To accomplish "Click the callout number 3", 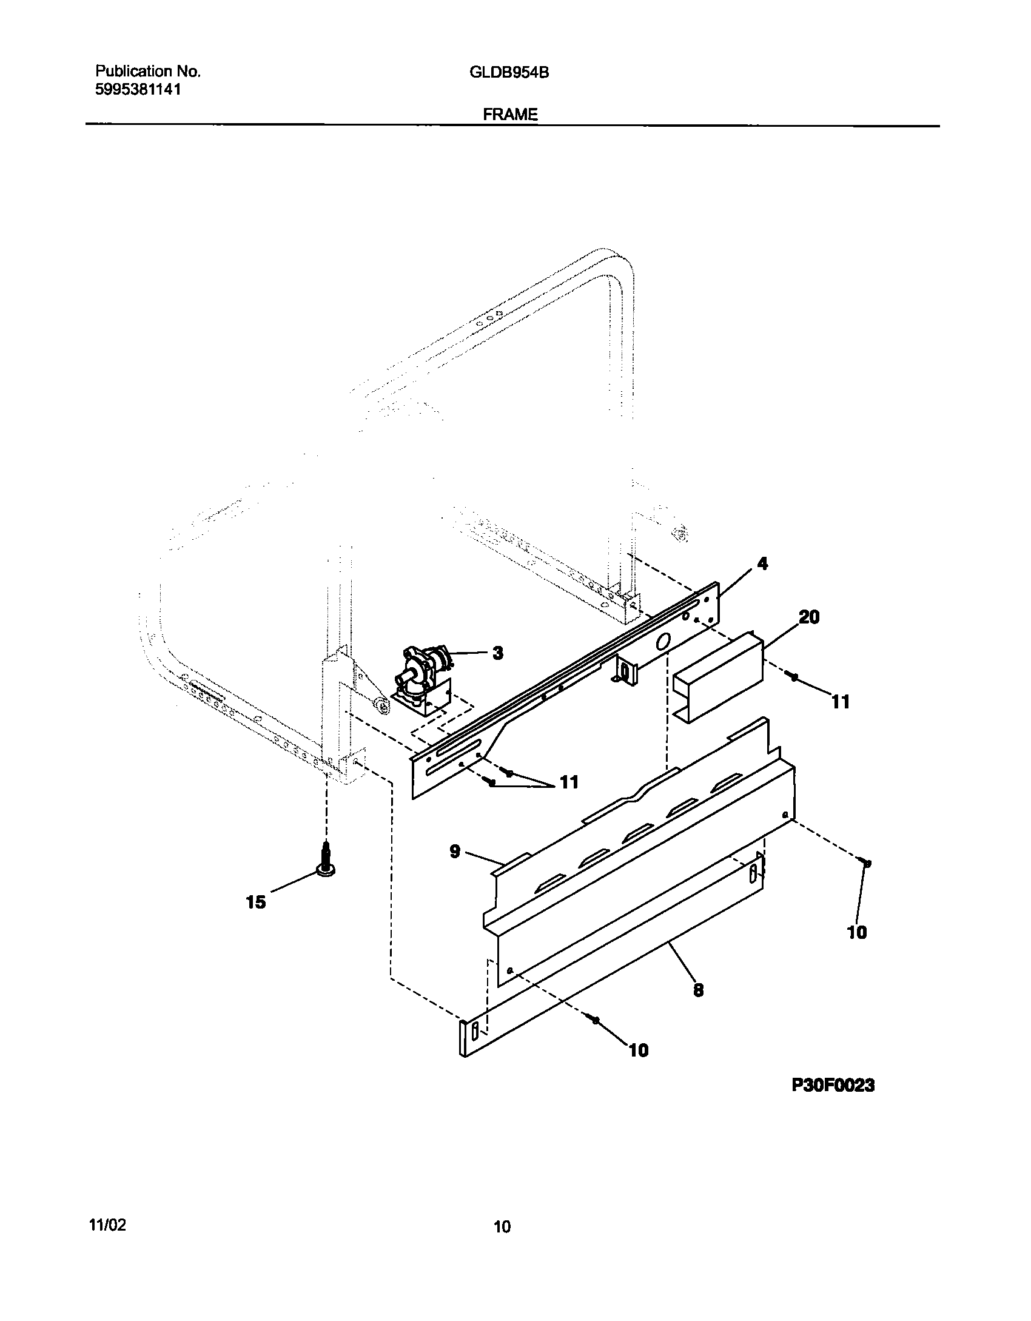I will point(497,653).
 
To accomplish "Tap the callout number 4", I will point(762,563).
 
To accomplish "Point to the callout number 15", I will point(255,919).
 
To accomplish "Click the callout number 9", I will point(455,852).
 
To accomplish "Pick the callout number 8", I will point(698,990).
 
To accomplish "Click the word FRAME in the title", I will point(510,114).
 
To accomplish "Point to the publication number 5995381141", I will point(138,90).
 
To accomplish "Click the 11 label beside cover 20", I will point(840,702).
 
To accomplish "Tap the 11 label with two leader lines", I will point(568,782).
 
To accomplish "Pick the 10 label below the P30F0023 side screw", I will point(857,932).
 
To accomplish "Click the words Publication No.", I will point(148,72).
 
